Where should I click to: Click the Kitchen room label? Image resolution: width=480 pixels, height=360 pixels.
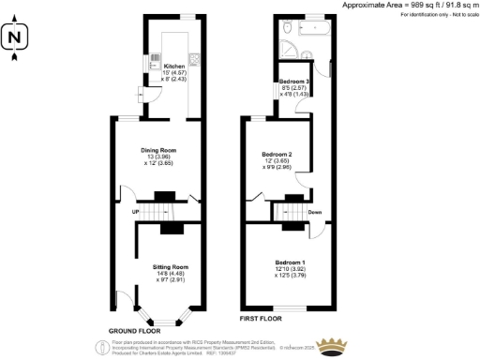click(175, 67)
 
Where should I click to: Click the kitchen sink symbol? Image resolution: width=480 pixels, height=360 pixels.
click(155, 62)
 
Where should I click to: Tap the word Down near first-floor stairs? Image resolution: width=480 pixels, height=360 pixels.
click(315, 211)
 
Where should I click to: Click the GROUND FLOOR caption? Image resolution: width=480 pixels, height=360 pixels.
click(131, 332)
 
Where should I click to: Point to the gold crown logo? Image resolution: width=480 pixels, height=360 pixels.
click(331, 350)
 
